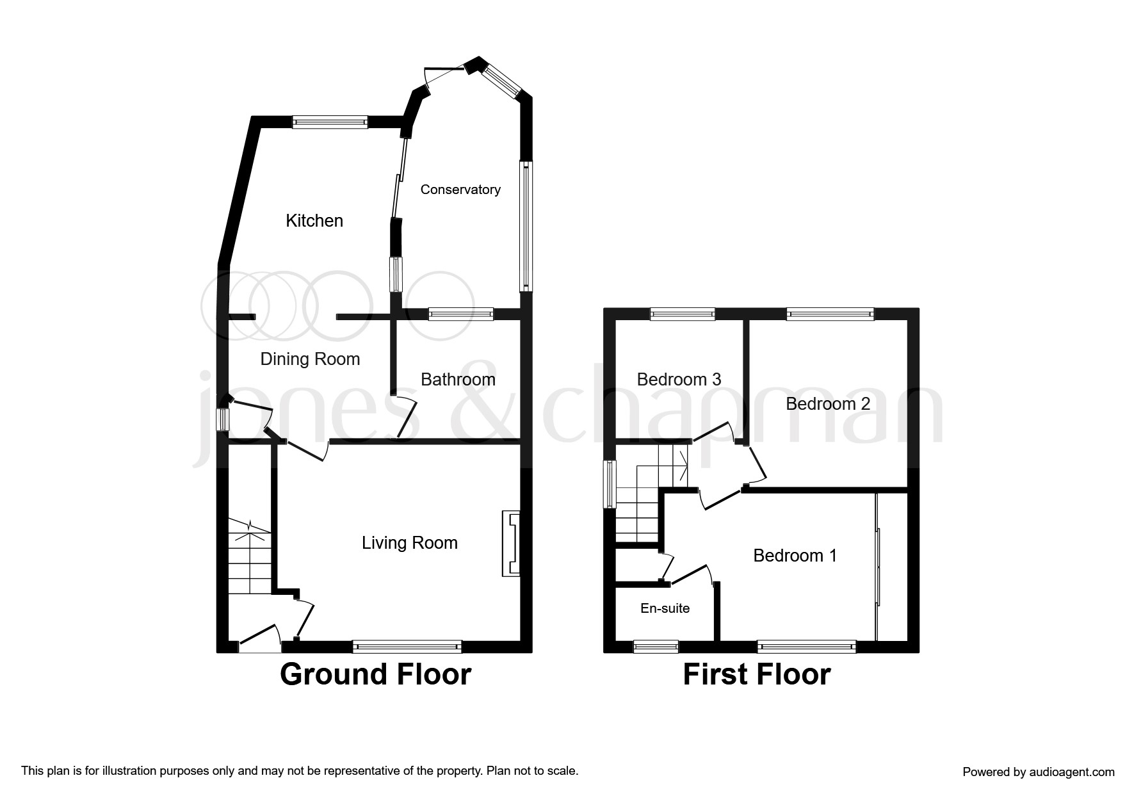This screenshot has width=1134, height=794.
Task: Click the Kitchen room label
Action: (314, 221)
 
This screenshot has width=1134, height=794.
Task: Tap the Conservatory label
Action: (460, 190)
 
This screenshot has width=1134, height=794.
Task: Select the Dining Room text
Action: (310, 359)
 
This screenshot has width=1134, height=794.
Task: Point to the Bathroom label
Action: (458, 380)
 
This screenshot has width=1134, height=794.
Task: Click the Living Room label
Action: (409, 543)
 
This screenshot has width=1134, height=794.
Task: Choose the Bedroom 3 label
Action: (679, 380)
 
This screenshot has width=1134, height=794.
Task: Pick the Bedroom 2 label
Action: (828, 404)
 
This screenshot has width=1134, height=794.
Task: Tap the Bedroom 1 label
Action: (795, 555)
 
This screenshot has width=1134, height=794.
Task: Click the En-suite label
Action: (665, 608)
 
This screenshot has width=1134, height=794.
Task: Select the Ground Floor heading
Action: (375, 675)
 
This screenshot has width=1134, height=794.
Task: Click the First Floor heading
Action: (756, 675)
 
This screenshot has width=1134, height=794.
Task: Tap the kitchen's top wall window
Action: (330, 122)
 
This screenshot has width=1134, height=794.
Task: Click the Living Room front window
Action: (407, 647)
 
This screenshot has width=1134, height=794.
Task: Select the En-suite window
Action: (656, 647)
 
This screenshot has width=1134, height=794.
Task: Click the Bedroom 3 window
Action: (682, 314)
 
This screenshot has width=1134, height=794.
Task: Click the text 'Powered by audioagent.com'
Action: (1038, 772)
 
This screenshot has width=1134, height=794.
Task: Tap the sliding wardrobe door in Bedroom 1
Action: (879, 566)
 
